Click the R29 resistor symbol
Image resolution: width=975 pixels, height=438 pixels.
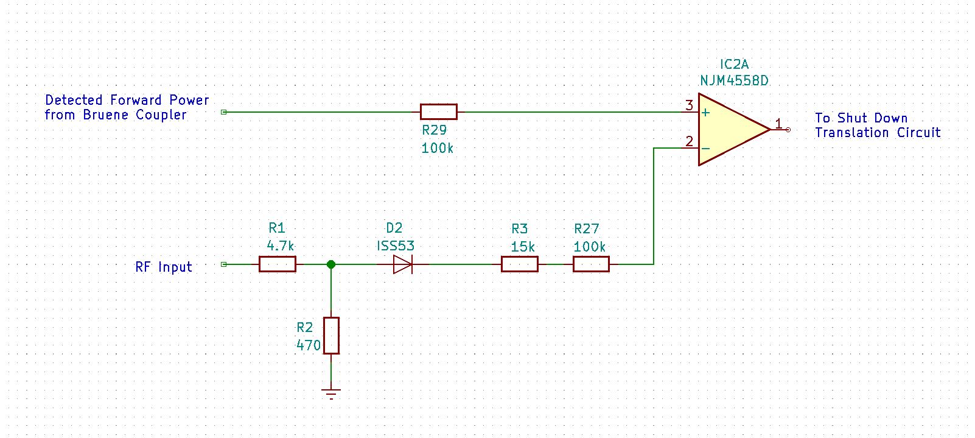coord(438,111)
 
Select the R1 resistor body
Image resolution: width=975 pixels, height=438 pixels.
coord(278,264)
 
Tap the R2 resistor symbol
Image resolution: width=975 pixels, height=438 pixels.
coord(331,335)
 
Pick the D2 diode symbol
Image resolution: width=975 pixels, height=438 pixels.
coord(403,264)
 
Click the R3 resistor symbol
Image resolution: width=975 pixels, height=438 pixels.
coord(519,264)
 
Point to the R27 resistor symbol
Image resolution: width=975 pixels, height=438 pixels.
coord(591,264)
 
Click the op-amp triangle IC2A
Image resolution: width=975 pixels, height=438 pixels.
coord(730,129)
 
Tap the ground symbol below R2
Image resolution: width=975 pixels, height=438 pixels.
coord(331,394)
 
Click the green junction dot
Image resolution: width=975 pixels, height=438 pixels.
coord(331,264)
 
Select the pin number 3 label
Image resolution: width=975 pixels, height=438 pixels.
coord(689,105)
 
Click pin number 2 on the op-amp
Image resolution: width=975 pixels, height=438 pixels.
coord(689,141)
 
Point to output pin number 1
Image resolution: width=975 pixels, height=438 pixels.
coord(778,124)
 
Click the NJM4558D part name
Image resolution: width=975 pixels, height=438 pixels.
coord(734,80)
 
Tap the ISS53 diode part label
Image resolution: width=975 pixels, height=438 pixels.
coord(396,245)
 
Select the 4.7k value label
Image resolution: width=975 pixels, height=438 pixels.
coord(281,245)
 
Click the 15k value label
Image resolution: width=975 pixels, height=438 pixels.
coord(523,247)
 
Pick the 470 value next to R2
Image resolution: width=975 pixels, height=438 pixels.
coord(309,345)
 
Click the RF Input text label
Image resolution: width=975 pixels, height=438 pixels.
coord(164,267)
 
